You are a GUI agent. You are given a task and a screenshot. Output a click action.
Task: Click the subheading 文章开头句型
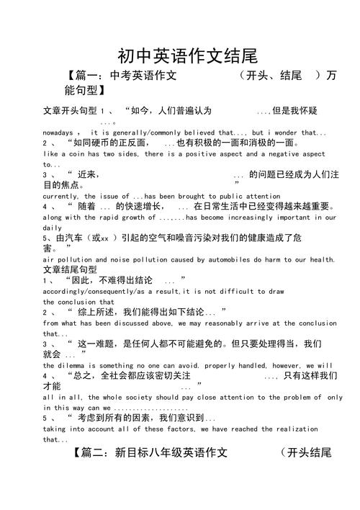point(71,111)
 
